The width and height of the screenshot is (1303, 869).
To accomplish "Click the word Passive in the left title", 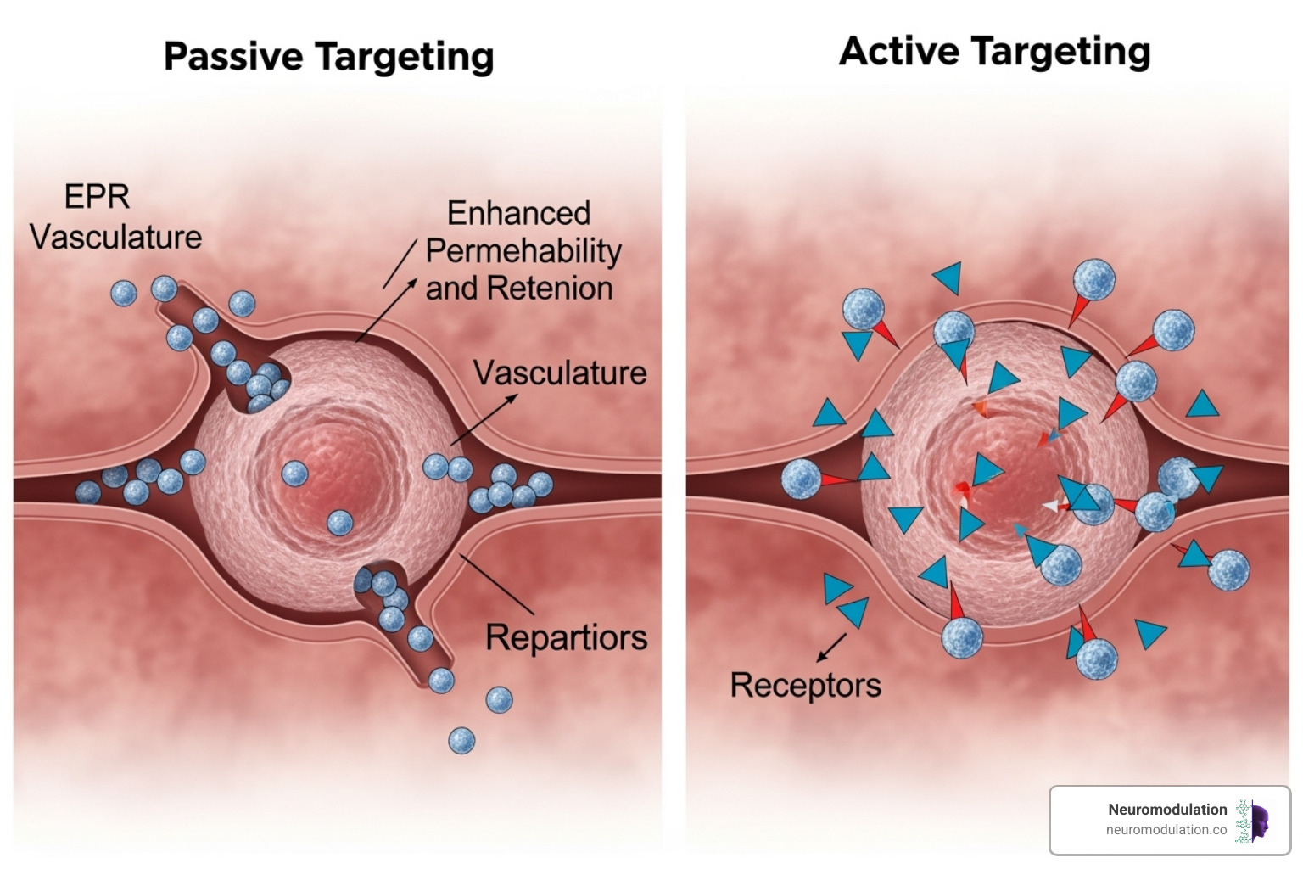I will pyautogui.click(x=232, y=57).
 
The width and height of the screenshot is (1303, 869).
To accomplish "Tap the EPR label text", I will pyautogui.click(x=97, y=197).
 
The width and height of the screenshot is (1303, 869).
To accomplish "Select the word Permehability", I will pyautogui.click(x=523, y=251).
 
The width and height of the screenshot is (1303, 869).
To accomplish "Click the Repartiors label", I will pyautogui.click(x=566, y=637).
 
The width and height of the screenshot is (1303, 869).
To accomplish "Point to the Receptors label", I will pyautogui.click(x=805, y=685).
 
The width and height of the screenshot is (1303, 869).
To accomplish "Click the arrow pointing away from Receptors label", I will pyautogui.click(x=832, y=647).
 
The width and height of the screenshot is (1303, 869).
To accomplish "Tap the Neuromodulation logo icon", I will pyautogui.click(x=1253, y=821).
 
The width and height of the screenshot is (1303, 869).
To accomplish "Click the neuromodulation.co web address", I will pyautogui.click(x=1166, y=830).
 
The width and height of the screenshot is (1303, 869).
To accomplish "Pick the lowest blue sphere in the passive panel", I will pyautogui.click(x=461, y=741).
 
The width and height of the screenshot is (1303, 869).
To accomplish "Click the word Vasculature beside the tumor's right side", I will pyautogui.click(x=560, y=373).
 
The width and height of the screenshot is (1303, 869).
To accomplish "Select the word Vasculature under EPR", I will pyautogui.click(x=115, y=238).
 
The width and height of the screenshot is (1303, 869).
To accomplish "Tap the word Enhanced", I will pyautogui.click(x=518, y=213).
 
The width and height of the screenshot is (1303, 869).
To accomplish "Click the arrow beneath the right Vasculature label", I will pyautogui.click(x=485, y=419).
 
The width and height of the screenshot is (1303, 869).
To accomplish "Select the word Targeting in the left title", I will pyautogui.click(x=405, y=57).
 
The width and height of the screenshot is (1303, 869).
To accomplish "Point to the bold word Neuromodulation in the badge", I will pyautogui.click(x=1166, y=810).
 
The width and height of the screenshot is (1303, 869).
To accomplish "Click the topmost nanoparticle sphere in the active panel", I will pyautogui.click(x=1093, y=280).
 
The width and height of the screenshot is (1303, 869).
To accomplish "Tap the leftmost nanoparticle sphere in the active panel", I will pyautogui.click(x=801, y=479).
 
